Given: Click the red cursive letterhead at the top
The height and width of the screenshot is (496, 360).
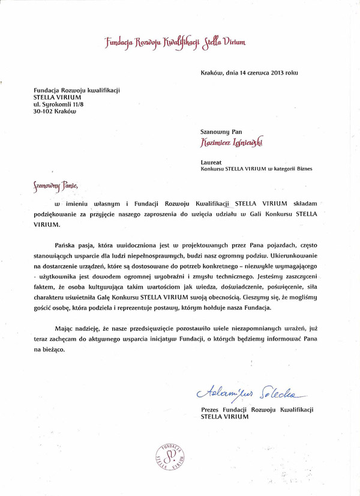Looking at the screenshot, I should point(175,42).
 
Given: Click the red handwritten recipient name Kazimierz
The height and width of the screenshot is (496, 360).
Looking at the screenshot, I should point(219,143).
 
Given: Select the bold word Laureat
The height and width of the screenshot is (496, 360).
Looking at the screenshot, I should point(212,162).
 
